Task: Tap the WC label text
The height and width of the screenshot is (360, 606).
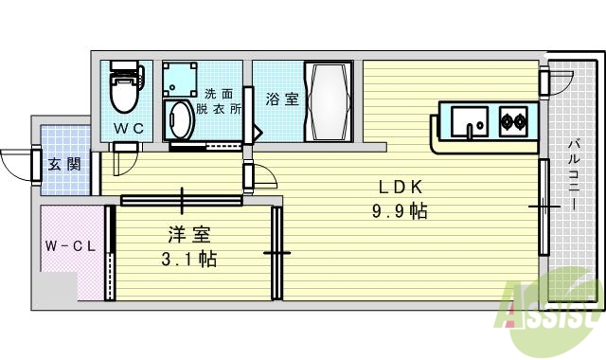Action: click(129, 127)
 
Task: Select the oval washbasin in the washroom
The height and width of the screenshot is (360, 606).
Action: click(178, 121)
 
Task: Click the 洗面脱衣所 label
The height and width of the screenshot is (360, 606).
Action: click(219, 101)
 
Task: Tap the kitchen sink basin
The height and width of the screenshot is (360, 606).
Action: click(469, 122)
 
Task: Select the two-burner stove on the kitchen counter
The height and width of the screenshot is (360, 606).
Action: click(514, 120)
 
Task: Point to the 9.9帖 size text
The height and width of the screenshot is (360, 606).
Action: click(400, 210)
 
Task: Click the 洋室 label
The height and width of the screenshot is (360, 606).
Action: click(188, 234)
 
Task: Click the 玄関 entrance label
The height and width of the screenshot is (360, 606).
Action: click(64, 164)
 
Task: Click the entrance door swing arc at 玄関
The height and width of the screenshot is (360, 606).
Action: click(17, 164)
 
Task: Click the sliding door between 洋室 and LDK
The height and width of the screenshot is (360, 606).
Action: click(276, 252)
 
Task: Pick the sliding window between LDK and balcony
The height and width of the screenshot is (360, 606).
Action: click(544, 207)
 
